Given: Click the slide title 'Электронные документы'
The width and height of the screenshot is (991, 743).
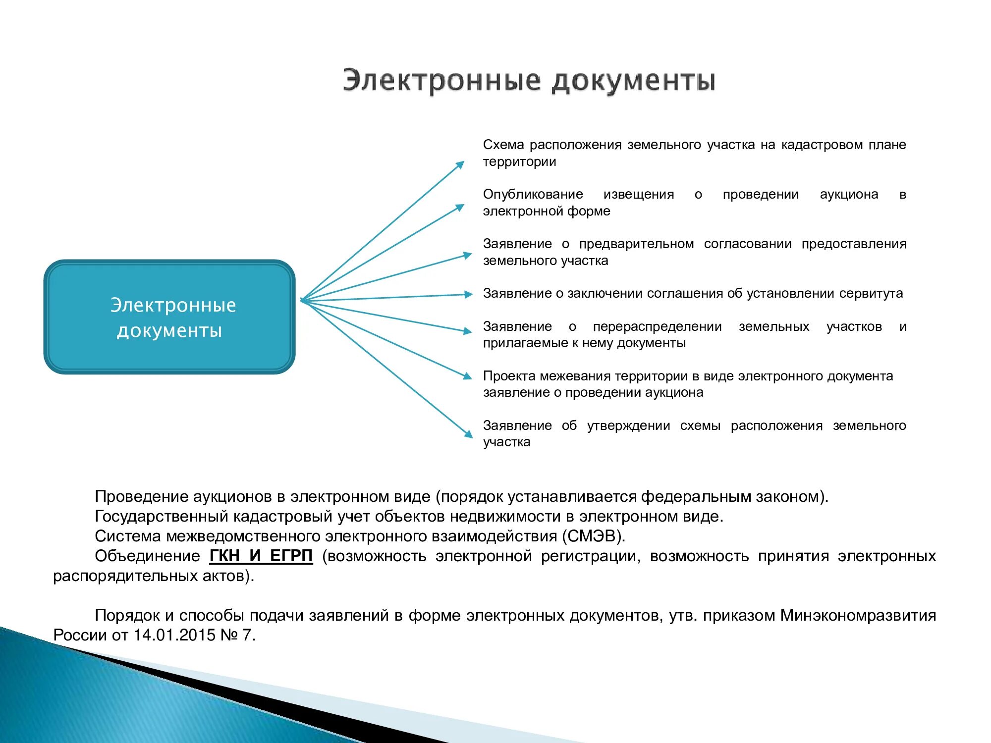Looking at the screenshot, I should [529, 81].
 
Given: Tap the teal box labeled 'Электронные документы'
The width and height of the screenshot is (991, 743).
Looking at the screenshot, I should [169, 317].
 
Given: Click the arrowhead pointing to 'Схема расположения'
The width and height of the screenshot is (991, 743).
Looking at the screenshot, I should [460, 165].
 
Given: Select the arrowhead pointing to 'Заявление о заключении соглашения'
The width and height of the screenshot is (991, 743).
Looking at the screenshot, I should [468, 294].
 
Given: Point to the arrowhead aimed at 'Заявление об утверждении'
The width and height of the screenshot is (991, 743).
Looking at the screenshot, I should [468, 434].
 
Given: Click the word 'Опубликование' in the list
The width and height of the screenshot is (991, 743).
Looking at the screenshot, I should [533, 194].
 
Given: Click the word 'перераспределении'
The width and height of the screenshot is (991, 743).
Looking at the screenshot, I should [657, 326].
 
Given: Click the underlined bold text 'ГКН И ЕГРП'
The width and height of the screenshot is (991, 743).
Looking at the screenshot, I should [261, 556].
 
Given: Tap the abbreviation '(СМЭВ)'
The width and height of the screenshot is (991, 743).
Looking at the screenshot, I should [593, 536].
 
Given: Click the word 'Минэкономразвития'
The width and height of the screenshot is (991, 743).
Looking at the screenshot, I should [858, 615].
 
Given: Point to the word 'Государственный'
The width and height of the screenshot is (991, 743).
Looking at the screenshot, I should [162, 516].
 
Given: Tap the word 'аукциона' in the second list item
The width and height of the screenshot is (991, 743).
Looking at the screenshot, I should [849, 194].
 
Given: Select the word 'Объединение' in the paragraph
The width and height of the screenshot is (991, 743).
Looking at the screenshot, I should [147, 556].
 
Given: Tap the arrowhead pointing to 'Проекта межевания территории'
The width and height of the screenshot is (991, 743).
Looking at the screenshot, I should [467, 376].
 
